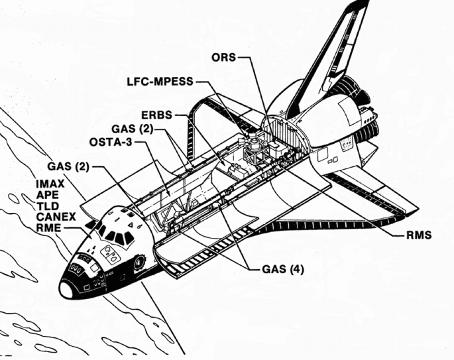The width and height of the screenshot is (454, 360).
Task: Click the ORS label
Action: [223, 56]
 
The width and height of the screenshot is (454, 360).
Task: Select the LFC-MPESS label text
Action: [160, 82]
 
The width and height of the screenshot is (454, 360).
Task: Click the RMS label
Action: [420, 235]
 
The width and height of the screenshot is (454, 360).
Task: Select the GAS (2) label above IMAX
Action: [70, 166]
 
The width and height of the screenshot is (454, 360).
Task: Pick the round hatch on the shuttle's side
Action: [137, 262]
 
